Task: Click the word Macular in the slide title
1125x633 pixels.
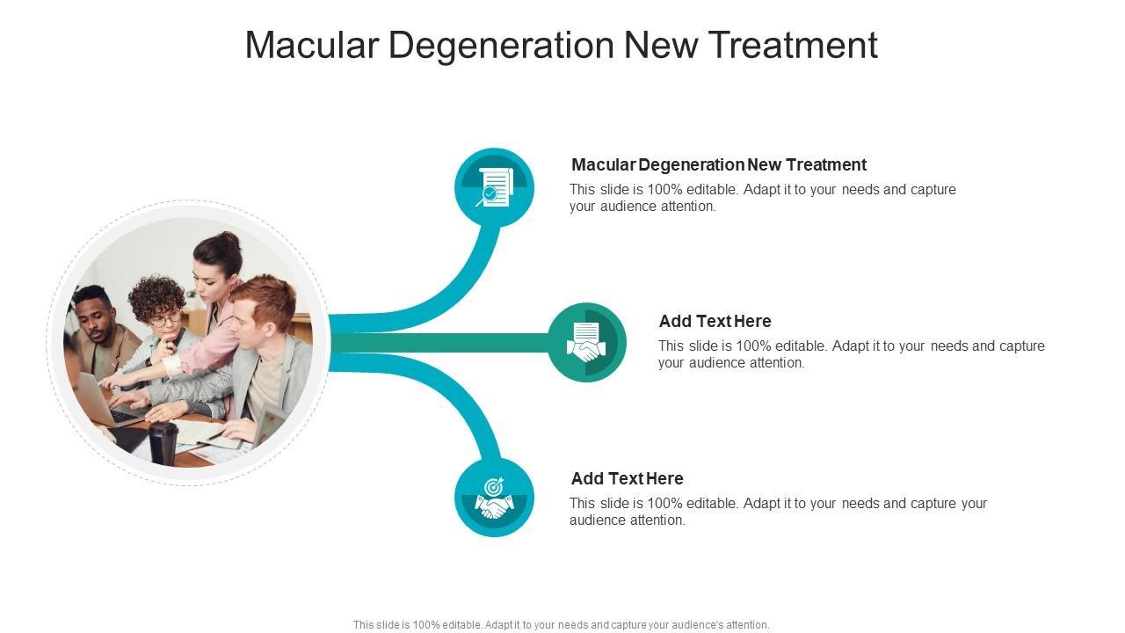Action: (x=311, y=45)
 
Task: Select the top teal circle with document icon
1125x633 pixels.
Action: (x=494, y=187)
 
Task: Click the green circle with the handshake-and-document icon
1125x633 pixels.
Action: (x=586, y=342)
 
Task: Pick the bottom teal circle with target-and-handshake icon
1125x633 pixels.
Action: (x=494, y=497)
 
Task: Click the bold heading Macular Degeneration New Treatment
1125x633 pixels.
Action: (x=718, y=164)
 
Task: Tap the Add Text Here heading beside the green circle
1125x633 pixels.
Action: (x=715, y=321)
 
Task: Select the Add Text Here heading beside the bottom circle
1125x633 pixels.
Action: (x=627, y=478)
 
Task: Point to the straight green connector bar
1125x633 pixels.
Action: (x=439, y=343)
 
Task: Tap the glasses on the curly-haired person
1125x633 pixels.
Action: (x=165, y=318)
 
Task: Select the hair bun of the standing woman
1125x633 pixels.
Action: (x=229, y=238)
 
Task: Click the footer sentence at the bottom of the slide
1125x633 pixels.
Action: (x=561, y=625)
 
